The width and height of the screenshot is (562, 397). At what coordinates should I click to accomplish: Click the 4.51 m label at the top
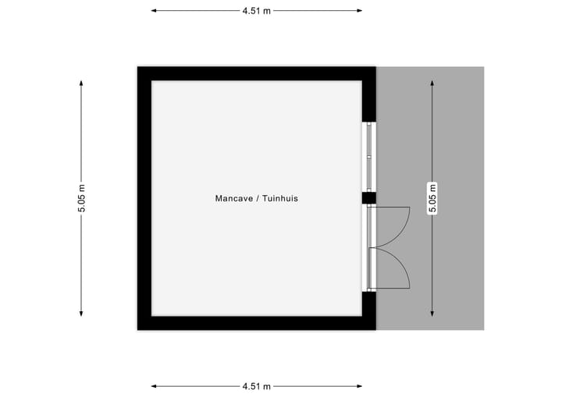click(256, 11)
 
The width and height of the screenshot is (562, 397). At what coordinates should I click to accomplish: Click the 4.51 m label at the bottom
click(256, 386)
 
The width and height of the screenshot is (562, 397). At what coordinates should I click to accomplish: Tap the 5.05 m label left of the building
click(82, 198)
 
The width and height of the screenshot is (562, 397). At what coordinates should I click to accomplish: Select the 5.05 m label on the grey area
click(432, 198)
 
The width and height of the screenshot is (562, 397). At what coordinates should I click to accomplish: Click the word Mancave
click(234, 198)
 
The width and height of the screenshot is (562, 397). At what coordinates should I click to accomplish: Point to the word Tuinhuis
click(280, 198)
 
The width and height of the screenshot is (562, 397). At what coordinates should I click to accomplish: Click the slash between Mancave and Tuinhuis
click(258, 198)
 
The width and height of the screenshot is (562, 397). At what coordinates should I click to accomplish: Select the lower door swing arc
click(398, 267)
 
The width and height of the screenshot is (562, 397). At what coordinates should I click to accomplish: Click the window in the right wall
click(368, 157)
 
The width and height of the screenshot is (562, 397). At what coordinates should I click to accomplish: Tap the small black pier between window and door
click(368, 198)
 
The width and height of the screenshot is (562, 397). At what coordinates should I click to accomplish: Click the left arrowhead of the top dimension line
click(154, 11)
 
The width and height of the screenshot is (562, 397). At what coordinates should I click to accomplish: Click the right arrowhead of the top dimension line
click(359, 11)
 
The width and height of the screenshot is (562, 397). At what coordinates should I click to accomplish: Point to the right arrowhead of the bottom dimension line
click(359, 386)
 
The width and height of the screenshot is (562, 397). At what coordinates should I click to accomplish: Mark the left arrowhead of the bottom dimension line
click(154, 386)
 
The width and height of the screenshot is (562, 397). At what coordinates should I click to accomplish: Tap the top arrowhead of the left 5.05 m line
click(81, 83)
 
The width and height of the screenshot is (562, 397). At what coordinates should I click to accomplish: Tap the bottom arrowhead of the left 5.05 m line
click(81, 314)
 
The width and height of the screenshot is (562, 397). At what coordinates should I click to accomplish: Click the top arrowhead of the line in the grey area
click(432, 83)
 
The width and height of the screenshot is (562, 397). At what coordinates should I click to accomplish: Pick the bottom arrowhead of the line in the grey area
click(432, 314)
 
